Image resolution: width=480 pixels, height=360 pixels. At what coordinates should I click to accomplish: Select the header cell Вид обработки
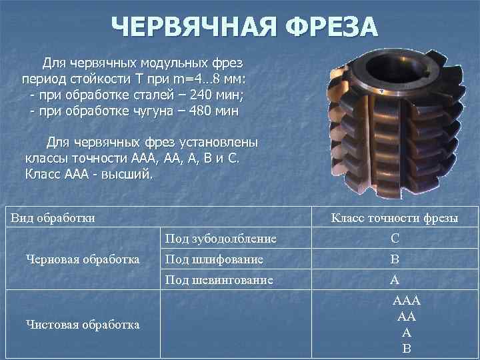53,217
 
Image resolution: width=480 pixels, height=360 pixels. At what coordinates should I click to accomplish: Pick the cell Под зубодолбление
220,238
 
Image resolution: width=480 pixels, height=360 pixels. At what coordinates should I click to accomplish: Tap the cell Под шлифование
213,259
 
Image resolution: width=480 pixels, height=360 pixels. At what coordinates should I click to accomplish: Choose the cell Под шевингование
219,280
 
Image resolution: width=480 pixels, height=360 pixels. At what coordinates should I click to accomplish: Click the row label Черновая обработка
82,259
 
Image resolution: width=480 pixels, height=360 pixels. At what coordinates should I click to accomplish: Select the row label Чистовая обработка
82,325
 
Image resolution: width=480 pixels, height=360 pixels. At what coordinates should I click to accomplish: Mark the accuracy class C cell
395,238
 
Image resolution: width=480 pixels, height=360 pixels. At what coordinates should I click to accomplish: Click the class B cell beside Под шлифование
395,259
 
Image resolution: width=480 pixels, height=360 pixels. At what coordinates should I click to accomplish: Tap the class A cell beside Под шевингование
395,280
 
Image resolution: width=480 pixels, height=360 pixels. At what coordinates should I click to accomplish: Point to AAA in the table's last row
407,301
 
